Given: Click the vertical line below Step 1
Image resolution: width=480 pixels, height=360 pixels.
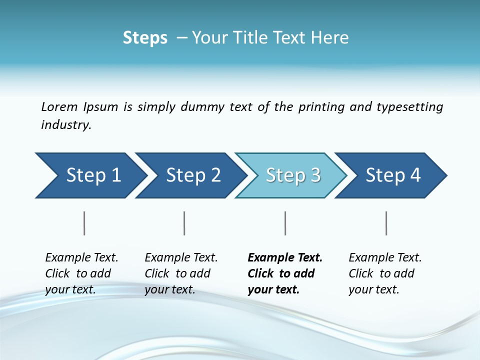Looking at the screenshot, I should tap(84, 223).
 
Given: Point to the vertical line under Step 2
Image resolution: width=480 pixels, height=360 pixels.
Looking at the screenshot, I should tap(184, 223).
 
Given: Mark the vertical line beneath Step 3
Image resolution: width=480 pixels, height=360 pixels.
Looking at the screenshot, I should tap(285, 223).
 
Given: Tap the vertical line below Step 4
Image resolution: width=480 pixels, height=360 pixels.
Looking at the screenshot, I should tap(386, 223).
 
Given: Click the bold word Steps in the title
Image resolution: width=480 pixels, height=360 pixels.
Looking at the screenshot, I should tap(145, 38).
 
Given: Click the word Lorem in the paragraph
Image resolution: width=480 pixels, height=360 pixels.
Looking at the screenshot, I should tap(59, 107).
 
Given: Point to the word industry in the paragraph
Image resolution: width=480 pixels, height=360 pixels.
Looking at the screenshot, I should tap(66, 125).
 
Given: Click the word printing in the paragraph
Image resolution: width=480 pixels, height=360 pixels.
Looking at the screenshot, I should tap(321, 107).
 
